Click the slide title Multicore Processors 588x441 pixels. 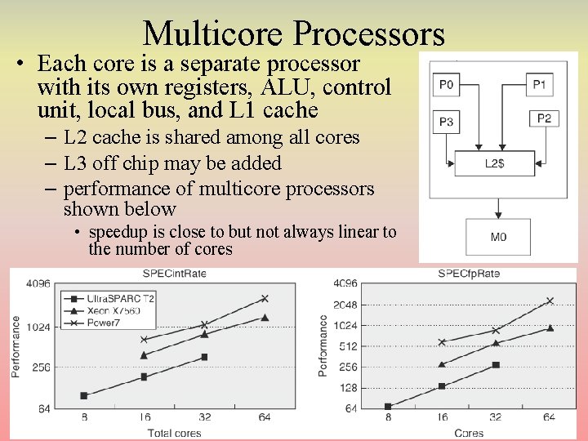click(x=294, y=33)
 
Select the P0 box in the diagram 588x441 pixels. click(x=448, y=84)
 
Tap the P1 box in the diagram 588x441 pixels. click(x=540, y=84)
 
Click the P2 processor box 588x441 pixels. click(x=544, y=118)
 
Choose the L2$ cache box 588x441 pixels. click(x=493, y=163)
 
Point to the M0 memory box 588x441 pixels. click(x=498, y=237)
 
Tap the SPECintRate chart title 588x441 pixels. click(x=161, y=274)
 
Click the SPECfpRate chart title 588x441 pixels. click(x=470, y=273)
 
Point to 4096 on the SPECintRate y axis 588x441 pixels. click(x=38, y=284)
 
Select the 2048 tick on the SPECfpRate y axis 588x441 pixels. click(x=345, y=305)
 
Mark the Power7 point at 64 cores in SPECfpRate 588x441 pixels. click(x=550, y=301)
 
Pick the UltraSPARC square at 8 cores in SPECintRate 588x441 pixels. click(x=83, y=395)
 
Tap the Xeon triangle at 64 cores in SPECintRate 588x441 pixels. click(x=265, y=318)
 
